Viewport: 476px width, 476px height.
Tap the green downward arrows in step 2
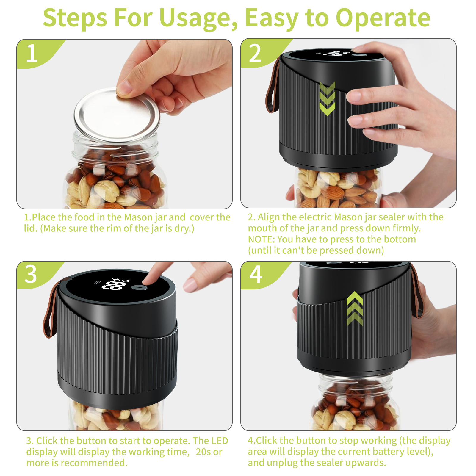pos(327,98)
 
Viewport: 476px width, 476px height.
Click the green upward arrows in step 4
pos(355,309)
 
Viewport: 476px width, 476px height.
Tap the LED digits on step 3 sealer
pos(113,286)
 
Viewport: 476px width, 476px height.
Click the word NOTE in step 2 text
pos(261,239)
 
